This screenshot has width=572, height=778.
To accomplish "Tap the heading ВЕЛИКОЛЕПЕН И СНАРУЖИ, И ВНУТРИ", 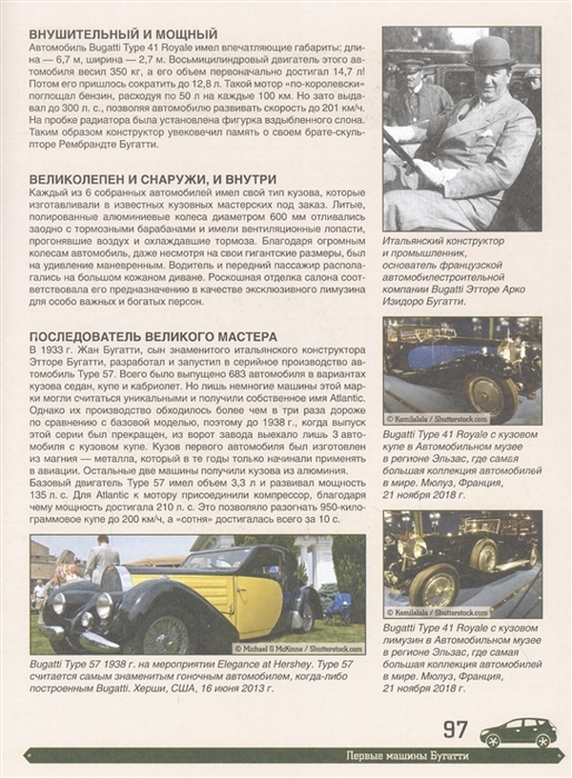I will [x=140, y=178].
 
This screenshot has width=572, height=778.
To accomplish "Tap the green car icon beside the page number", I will [x=518, y=732].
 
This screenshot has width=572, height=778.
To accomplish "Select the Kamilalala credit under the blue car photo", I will [x=439, y=418].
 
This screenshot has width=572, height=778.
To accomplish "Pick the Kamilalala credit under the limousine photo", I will [x=439, y=611].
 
